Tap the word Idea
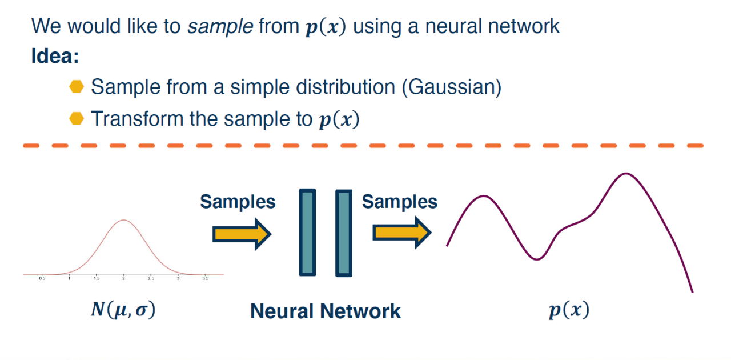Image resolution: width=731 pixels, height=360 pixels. pyautogui.click(x=55, y=57)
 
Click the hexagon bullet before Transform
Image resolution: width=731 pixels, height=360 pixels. pyautogui.click(x=76, y=118)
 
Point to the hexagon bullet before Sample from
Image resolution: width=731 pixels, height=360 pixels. pyautogui.click(x=76, y=87)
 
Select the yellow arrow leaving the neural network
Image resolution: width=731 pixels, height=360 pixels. pyautogui.click(x=402, y=233)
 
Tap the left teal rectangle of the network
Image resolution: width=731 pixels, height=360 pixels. pyautogui.click(x=307, y=233)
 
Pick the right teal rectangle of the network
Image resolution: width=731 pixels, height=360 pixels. pyautogui.click(x=343, y=233)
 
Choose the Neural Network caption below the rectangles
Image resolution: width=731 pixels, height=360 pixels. pyautogui.click(x=326, y=311)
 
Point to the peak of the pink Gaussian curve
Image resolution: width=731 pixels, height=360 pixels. pyautogui.click(x=123, y=220)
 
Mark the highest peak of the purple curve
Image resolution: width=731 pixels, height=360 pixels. pyautogui.click(x=626, y=173)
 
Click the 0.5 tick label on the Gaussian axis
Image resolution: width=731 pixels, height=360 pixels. pyautogui.click(x=42, y=278)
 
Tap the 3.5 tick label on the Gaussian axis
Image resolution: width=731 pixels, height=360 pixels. pyautogui.click(x=205, y=278)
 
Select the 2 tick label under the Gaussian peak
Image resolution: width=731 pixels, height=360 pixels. pyautogui.click(x=123, y=278)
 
